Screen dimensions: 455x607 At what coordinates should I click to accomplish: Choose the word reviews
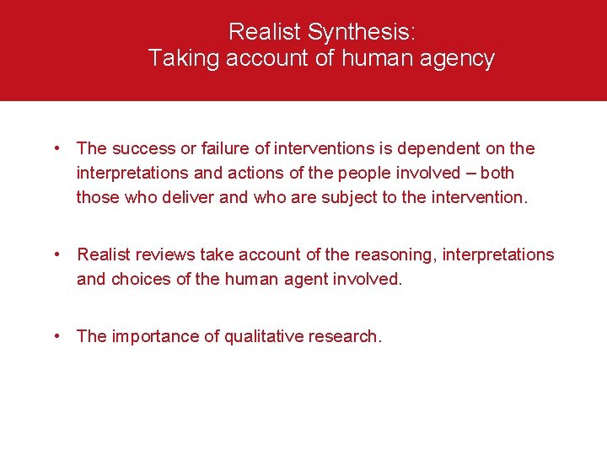pos(167,254)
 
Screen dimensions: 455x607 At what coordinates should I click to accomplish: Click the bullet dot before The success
pos(56,149)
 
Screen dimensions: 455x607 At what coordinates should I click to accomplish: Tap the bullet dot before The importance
pos(56,336)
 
